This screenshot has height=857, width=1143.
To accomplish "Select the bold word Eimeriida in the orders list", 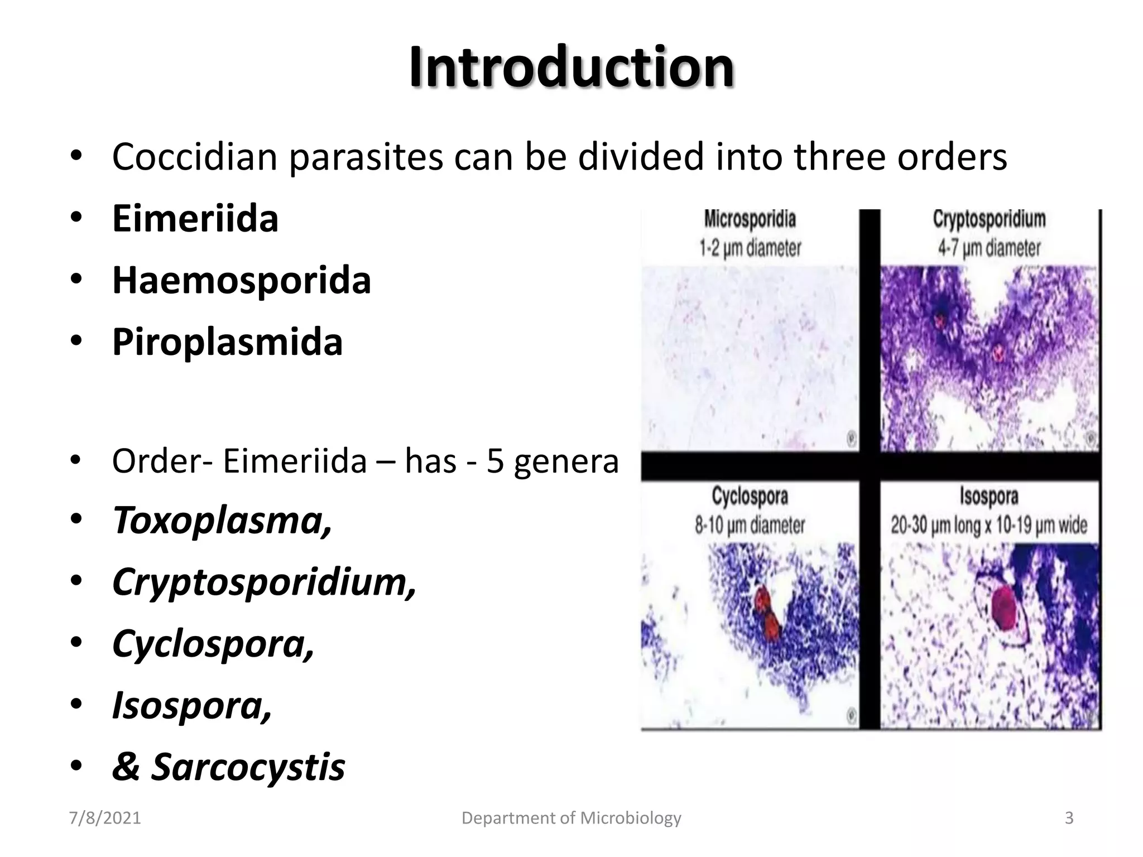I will [x=195, y=218].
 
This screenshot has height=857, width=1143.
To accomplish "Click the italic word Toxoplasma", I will [x=222, y=520].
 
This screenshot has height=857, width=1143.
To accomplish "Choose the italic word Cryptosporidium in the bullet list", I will [x=263, y=582].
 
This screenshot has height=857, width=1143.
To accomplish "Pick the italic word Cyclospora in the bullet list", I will [x=213, y=643].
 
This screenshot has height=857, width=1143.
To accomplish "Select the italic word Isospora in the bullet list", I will [x=191, y=705].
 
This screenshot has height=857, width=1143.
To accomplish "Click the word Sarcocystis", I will [x=248, y=767].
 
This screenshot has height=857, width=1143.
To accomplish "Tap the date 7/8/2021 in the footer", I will [x=105, y=818].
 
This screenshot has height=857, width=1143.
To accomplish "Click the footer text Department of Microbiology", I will [x=571, y=818].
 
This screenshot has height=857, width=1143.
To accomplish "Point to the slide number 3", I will [x=1069, y=818].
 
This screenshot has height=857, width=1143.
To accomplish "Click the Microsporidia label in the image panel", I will [x=750, y=219].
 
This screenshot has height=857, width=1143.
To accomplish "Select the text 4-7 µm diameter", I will [x=989, y=248].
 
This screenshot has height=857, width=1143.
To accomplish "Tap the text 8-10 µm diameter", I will [x=750, y=525].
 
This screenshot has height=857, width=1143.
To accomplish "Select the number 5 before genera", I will [x=495, y=462].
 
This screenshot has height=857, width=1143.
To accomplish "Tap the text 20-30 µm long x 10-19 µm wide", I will [x=989, y=525].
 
